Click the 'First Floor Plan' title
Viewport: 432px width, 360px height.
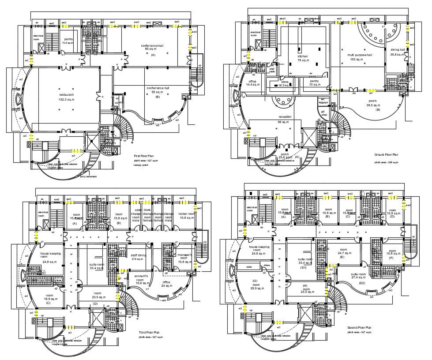coord(143,156)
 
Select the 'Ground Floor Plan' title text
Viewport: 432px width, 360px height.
coord(386,155)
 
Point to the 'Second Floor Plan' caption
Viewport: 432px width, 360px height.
coord(359,327)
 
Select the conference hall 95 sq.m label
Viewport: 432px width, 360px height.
coord(158,90)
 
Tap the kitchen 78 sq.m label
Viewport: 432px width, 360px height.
coord(303,59)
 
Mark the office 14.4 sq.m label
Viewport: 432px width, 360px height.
coord(253,83)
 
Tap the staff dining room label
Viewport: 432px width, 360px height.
coord(139,257)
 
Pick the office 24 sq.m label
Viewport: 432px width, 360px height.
coord(166,284)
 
